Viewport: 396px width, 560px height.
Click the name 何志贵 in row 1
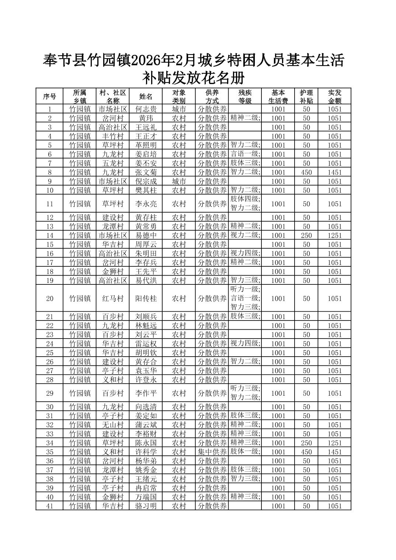146,109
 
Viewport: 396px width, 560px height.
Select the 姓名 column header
146,97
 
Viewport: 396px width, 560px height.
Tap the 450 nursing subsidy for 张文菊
306,172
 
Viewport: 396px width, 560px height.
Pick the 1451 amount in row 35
335,452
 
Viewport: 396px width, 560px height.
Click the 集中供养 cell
212,452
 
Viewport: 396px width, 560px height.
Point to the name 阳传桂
146,298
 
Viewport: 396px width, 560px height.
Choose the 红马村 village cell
113,298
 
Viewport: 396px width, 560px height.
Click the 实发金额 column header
335,97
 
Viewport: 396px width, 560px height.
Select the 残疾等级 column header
245,97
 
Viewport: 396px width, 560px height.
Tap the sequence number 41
50,506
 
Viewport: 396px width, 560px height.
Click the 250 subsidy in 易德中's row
306,235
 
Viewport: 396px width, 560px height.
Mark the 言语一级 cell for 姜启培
245,154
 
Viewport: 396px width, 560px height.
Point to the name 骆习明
146,506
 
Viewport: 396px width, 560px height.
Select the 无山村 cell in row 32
113,425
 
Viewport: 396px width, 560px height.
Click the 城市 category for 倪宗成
179,181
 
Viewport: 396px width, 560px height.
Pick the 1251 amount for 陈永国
335,443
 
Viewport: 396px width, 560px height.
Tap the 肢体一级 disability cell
245,451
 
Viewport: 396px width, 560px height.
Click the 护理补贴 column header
306,97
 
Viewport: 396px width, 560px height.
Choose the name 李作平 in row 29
146,393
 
